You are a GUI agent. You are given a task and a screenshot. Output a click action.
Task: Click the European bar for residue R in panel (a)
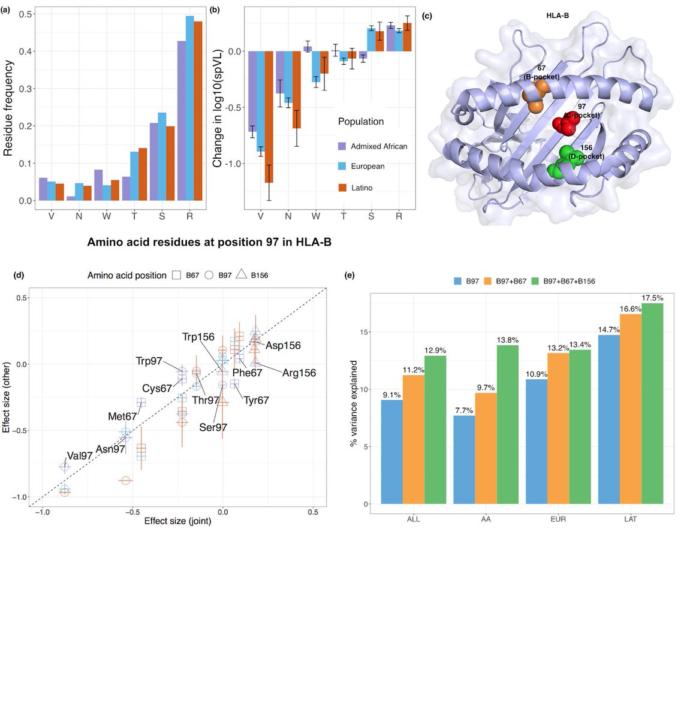[189, 108]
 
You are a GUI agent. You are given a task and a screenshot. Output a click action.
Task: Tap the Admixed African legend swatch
[342, 146]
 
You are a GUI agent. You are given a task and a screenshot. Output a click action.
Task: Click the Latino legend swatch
[342, 188]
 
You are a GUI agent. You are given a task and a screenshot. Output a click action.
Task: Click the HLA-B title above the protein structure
[558, 15]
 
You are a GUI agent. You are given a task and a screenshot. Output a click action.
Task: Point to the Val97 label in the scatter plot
[80, 456]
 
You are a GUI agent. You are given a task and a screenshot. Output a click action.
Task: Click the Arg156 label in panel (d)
[299, 373]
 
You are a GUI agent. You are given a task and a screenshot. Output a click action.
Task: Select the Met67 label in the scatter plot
[122, 416]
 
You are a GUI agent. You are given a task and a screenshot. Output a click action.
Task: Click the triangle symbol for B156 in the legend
[241, 275]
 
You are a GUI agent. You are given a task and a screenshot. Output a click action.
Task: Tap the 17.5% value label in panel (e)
[652, 298]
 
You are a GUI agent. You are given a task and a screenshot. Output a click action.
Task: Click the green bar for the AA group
[507, 424]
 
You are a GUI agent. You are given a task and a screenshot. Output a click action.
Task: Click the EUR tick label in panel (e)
[558, 519]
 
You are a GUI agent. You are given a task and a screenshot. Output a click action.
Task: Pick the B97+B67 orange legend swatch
[488, 280]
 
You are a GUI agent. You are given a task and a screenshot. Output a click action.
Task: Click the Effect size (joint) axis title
[177, 521]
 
